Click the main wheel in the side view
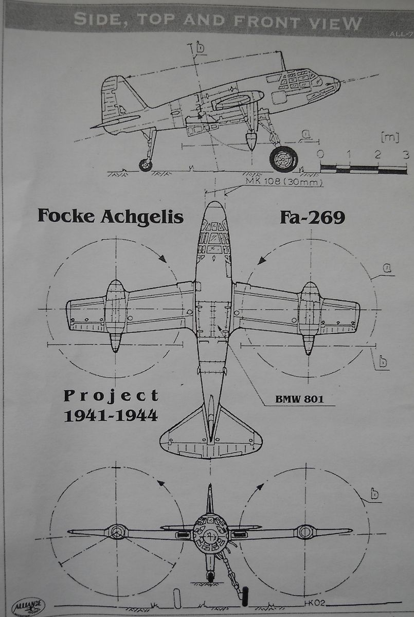(x=283, y=159)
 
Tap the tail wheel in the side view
(x=146, y=165)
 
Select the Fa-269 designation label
(x=312, y=217)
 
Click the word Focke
(x=66, y=216)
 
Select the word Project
(x=111, y=396)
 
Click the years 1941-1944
(x=111, y=414)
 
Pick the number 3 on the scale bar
(x=406, y=155)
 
